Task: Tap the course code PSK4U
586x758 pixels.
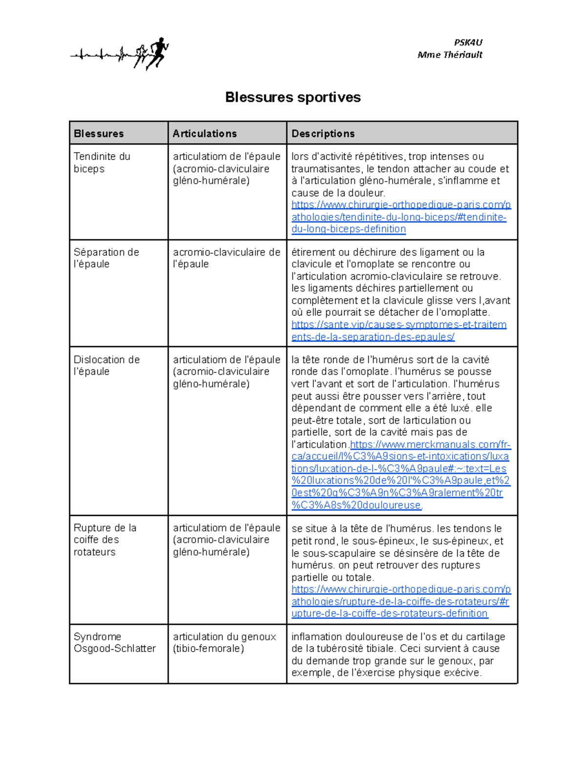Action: [x=467, y=42]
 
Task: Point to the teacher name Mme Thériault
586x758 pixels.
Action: [x=450, y=55]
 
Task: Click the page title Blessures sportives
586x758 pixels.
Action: [x=293, y=97]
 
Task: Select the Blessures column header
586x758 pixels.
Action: [x=99, y=133]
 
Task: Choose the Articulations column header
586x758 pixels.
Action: [x=205, y=133]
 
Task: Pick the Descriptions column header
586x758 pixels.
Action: [x=323, y=133]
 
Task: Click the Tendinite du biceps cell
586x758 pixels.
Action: [x=102, y=163]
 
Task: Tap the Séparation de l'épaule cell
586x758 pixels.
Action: [x=106, y=258]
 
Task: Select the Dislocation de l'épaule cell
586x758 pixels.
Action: [x=106, y=366]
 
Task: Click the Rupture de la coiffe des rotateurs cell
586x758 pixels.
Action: [x=105, y=540]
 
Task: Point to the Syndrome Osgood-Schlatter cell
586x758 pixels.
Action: [x=114, y=642]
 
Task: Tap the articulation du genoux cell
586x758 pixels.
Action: [x=224, y=642]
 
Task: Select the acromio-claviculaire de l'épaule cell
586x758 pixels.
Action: [x=227, y=258]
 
